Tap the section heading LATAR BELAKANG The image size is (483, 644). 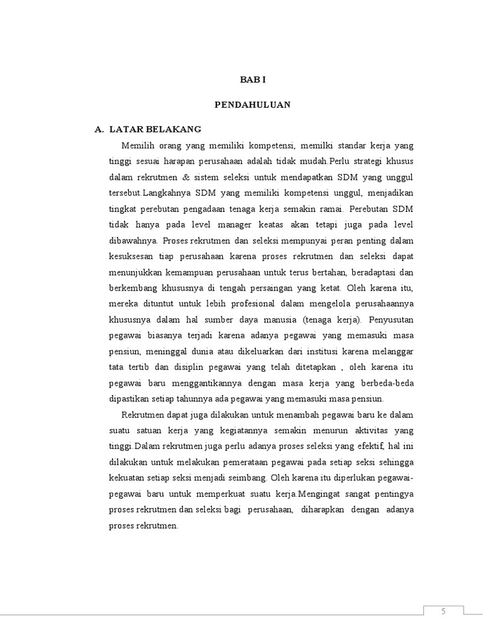coord(155,129)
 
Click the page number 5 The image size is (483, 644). coord(443,612)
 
